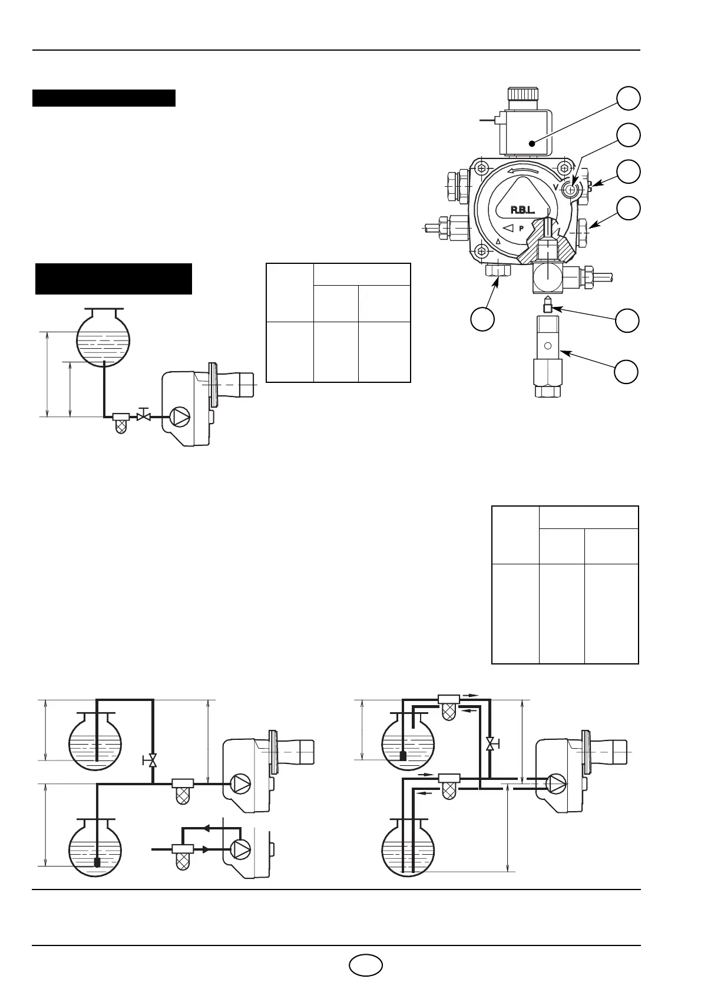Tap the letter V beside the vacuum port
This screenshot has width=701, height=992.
point(556,187)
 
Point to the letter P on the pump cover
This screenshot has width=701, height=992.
point(521,228)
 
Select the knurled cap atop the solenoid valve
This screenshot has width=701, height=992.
point(523,94)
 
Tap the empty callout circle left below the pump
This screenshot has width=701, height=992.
point(482,319)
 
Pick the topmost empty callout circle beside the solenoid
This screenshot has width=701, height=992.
point(629,98)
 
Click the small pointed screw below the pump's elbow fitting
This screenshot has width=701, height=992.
point(547,306)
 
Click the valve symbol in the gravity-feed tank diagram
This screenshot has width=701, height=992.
point(142,416)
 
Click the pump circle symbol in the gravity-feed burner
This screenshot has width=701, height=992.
point(180,417)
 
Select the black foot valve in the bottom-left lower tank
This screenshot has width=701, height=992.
point(97,862)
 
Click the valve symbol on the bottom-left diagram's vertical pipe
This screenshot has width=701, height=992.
point(153,760)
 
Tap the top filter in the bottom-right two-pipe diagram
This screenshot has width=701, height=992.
point(451,704)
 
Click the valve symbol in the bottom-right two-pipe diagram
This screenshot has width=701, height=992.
point(490,744)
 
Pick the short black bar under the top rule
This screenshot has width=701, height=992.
point(104,98)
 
